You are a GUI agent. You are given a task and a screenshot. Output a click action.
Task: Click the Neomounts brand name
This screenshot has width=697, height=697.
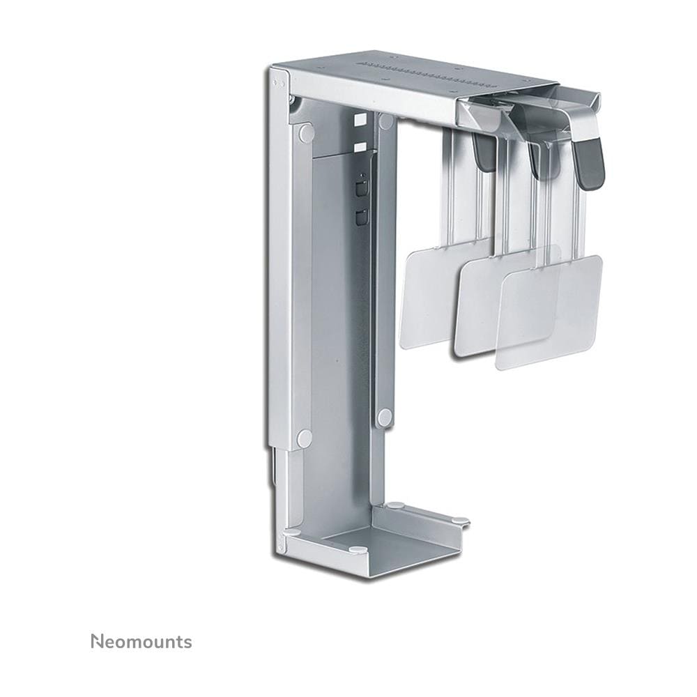click(x=141, y=642)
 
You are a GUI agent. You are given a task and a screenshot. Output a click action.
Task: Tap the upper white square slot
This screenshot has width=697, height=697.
click(x=360, y=120)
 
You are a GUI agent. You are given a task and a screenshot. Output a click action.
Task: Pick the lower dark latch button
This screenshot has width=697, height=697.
click(x=360, y=217)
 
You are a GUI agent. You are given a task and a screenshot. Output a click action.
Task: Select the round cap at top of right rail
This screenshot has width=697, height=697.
click(x=386, y=121)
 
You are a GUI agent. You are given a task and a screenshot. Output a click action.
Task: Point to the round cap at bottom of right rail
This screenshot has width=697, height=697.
click(x=385, y=417)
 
